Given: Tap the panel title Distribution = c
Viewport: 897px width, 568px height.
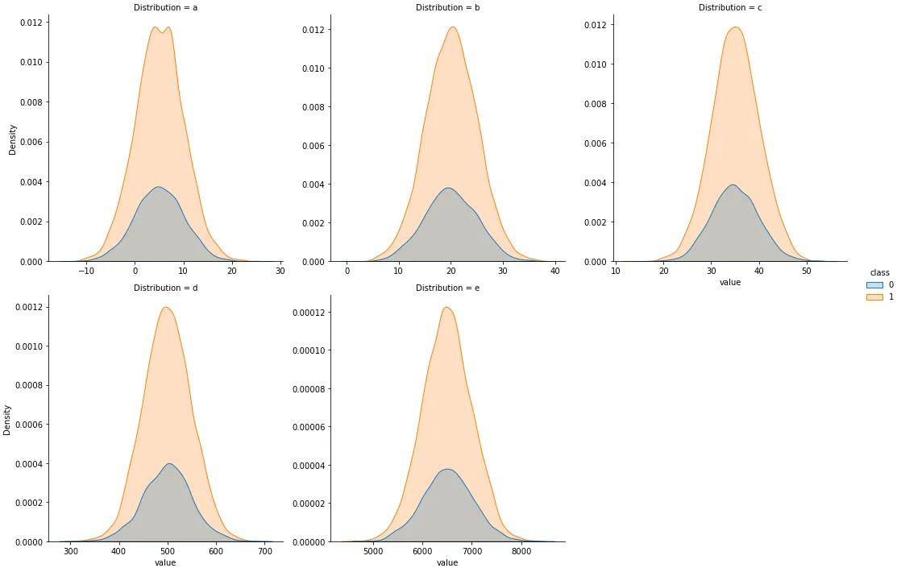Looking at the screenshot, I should tap(730, 7).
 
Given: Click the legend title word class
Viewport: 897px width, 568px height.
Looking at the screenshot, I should tap(880, 272).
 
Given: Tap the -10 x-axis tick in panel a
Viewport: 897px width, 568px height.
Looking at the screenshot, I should tap(86, 272).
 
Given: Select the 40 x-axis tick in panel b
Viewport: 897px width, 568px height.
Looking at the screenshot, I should tap(555, 272).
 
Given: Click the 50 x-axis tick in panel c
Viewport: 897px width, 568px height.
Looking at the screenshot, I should tap(807, 272).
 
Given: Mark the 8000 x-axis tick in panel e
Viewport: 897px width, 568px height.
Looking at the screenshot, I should tap(521, 552).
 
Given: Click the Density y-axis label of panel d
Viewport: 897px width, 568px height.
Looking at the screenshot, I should tap(8, 420).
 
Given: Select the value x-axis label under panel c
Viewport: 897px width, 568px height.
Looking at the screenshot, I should tap(730, 283).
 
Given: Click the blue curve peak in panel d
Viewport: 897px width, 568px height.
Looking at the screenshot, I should tap(169, 463).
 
